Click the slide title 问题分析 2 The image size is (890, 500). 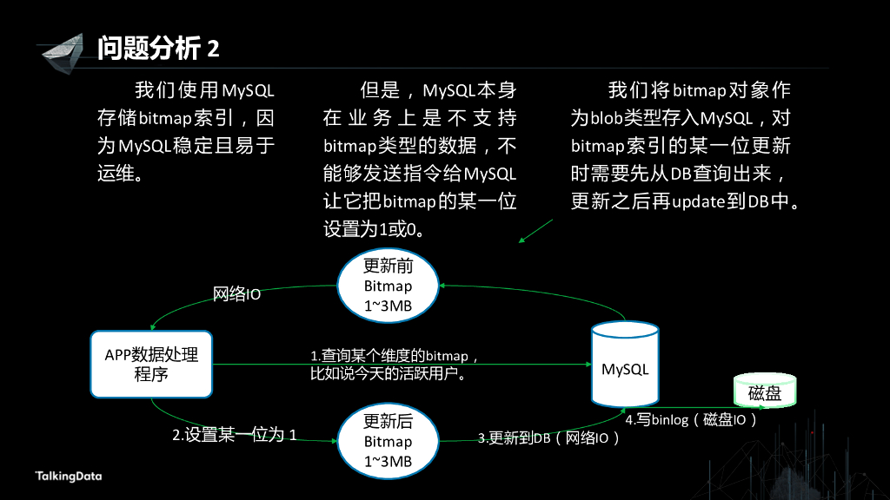point(158,48)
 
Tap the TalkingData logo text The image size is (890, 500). point(68,476)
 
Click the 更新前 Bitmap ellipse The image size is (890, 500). point(388,286)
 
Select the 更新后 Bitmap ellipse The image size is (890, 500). point(388,441)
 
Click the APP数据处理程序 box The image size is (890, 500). point(151,365)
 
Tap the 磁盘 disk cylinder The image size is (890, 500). point(765,391)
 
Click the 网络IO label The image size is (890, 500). point(237,294)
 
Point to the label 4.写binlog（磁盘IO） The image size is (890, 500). point(692,420)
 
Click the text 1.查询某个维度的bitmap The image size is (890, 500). point(395,356)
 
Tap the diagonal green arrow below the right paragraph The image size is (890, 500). point(535,231)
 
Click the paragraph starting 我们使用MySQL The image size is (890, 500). point(186,131)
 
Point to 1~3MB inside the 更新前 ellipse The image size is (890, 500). point(388,306)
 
